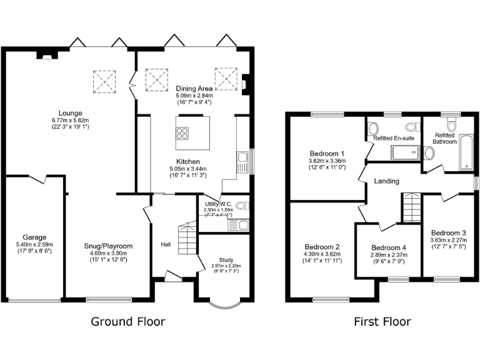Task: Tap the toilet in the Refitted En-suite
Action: (373, 129)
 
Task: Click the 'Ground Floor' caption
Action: (128, 322)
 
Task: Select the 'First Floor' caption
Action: (382, 322)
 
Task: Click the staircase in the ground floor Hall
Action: (187, 237)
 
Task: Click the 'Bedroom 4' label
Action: (388, 247)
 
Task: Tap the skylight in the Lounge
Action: (103, 80)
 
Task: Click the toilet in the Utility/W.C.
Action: (242, 205)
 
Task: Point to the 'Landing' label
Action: (387, 181)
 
